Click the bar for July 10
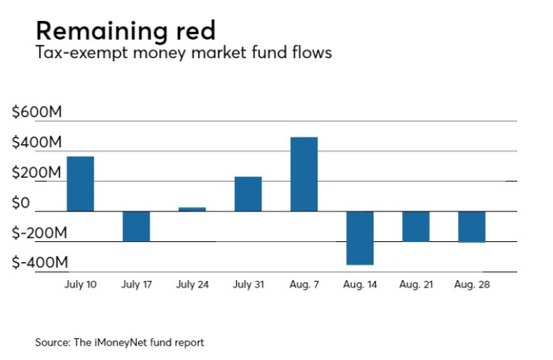(x=80, y=184)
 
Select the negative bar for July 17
(x=136, y=226)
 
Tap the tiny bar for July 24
(x=192, y=209)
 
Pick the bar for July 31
(x=248, y=194)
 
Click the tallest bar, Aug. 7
(x=303, y=174)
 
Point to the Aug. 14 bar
(x=359, y=238)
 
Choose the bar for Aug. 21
(x=415, y=226)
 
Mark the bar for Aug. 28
(x=472, y=227)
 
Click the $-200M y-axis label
(x=40, y=233)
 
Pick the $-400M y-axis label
(x=40, y=263)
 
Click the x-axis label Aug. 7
(x=303, y=285)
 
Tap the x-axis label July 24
(x=192, y=285)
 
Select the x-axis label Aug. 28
(x=472, y=285)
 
